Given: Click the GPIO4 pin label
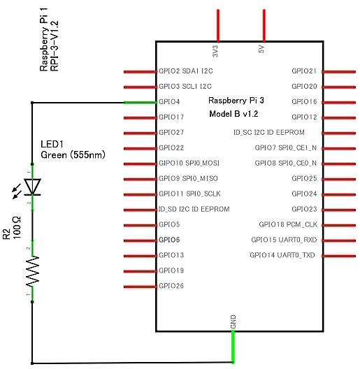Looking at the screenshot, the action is (x=169, y=101).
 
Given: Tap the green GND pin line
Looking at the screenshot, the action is (x=233, y=347).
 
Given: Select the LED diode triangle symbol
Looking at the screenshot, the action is (x=32, y=187).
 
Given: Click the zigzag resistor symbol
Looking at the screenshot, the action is (x=32, y=271).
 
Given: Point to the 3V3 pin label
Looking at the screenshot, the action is (x=215, y=51).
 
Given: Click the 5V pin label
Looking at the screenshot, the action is (x=261, y=49).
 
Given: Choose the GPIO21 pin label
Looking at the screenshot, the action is (x=304, y=71).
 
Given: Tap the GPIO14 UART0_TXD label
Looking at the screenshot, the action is (x=282, y=255).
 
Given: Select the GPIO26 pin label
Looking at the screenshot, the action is (x=171, y=286).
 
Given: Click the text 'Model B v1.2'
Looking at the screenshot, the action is (x=233, y=114).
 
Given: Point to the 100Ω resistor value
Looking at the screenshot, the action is (x=17, y=228).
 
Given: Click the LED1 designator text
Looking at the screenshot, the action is (x=52, y=144).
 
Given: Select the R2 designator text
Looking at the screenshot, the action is (x=6, y=234).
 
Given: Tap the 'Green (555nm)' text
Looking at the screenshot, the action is (x=73, y=155).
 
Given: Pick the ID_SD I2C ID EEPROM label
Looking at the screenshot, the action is (x=194, y=209).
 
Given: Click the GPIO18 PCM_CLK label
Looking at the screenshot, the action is (x=288, y=224).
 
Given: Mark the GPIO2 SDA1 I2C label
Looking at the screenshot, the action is (x=186, y=71).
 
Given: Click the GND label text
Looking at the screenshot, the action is (x=233, y=321).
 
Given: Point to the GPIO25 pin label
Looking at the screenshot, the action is (x=304, y=178).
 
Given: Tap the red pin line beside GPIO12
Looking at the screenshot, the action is (x=338, y=118).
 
